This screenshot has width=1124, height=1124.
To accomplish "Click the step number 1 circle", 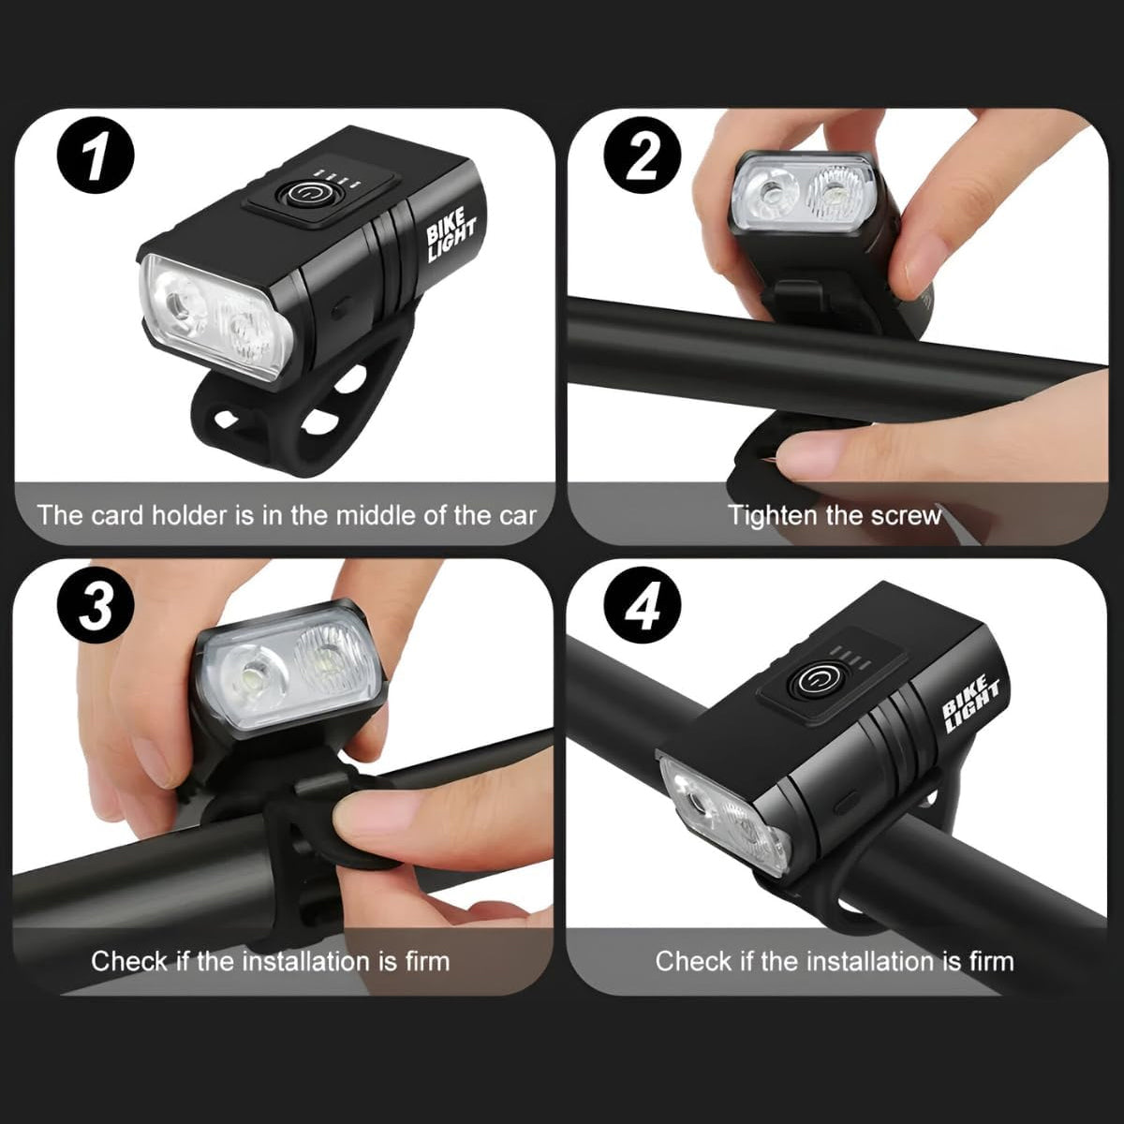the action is pyautogui.click(x=96, y=155).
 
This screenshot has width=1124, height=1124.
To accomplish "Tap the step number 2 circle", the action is pyautogui.click(x=643, y=155).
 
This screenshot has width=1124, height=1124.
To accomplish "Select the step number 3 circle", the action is pyautogui.click(x=96, y=605).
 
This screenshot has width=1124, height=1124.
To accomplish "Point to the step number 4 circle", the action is pyautogui.click(x=643, y=605).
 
